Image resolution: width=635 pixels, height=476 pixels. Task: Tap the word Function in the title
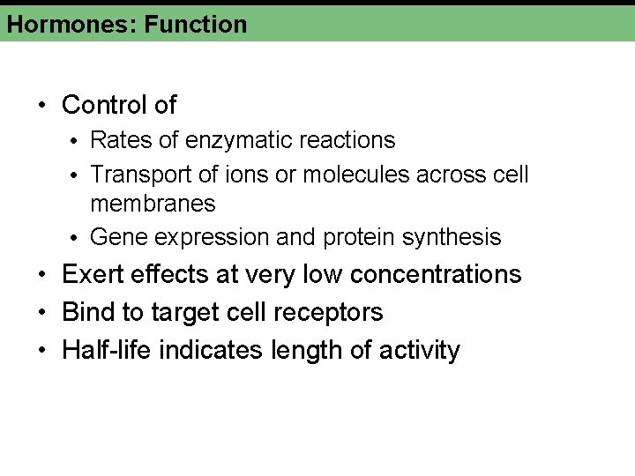point(196,24)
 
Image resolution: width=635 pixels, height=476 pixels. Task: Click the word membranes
point(153,204)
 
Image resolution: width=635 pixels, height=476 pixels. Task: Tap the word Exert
point(92,274)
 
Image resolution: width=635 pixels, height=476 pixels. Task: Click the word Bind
point(87,312)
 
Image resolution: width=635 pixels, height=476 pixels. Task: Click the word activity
point(420,350)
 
